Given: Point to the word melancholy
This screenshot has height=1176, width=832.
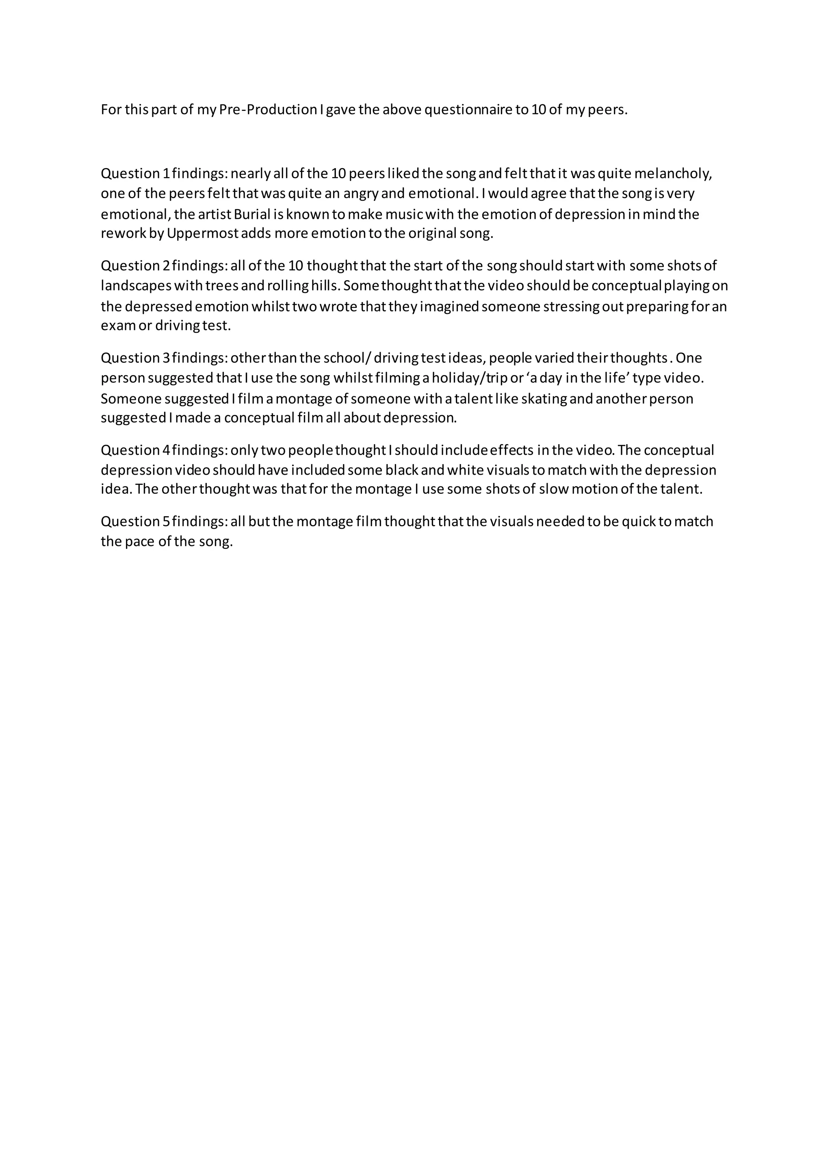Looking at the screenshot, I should pyautogui.click(x=673, y=174).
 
